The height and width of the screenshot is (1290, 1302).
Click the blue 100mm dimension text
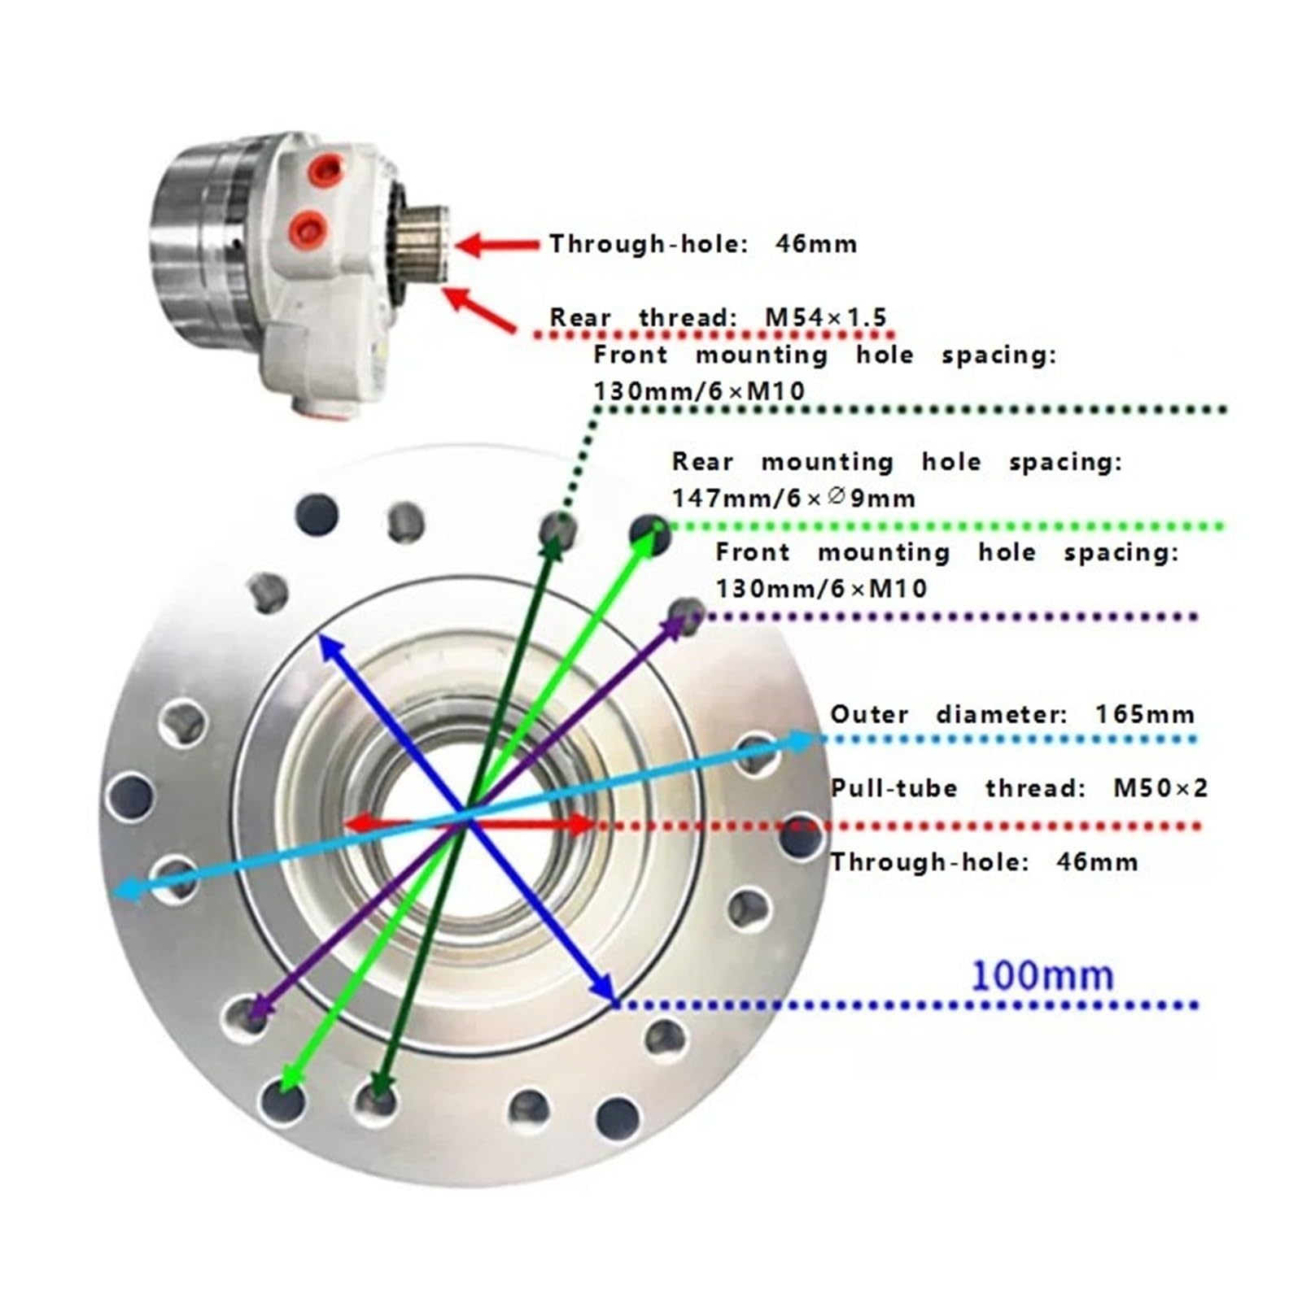coord(1042,974)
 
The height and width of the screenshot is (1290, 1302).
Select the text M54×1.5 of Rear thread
coord(825,316)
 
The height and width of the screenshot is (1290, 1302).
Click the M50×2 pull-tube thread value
coord(1160,787)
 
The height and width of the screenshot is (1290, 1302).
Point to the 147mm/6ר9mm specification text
coord(793,498)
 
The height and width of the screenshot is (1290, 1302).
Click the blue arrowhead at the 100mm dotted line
coord(603,987)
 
